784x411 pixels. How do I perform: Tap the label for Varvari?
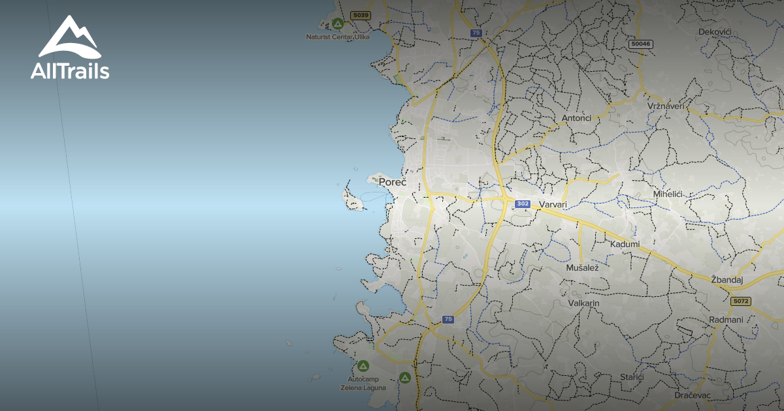click(552, 205)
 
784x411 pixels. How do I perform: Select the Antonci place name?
click(576, 118)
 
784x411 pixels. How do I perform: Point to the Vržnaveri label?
click(666, 106)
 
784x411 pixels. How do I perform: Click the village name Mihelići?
click(668, 194)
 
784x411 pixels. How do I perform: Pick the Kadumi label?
click(625, 244)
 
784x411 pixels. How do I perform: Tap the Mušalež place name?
click(583, 267)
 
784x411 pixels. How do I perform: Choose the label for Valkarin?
click(583, 303)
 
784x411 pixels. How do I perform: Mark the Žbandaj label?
click(727, 279)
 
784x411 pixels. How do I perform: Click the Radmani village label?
click(726, 320)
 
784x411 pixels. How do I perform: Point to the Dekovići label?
click(714, 31)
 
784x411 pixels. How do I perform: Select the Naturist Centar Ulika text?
click(338, 37)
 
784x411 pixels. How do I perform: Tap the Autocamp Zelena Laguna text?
click(363, 383)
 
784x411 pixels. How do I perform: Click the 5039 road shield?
click(359, 15)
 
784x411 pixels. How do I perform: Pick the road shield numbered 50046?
click(640, 44)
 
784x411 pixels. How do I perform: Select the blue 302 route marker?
click(522, 204)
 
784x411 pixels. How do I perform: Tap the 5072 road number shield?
click(740, 301)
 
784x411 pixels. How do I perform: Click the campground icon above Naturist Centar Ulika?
click(337, 24)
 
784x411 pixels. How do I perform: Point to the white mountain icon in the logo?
click(69, 37)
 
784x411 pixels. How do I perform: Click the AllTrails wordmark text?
click(70, 71)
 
